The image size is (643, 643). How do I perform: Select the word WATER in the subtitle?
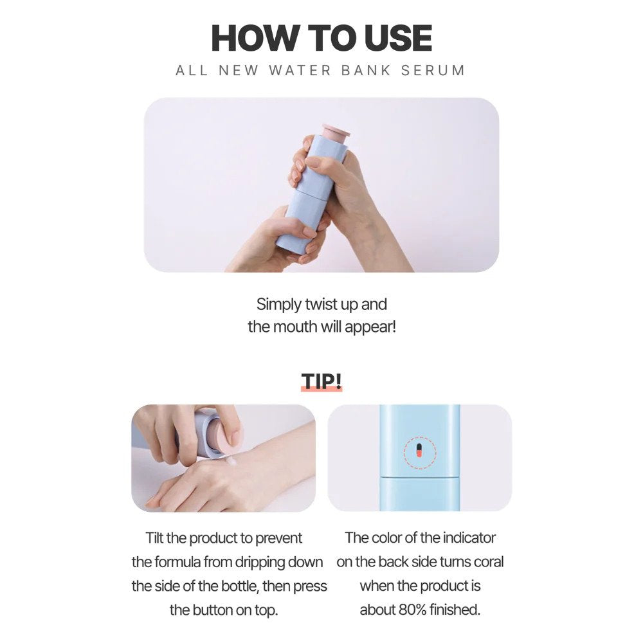(300, 71)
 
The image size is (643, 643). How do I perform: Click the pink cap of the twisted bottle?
(336, 133)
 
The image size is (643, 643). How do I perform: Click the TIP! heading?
(321, 381)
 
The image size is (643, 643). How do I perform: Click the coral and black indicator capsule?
(419, 450)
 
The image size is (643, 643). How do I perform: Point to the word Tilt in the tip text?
(154, 538)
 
